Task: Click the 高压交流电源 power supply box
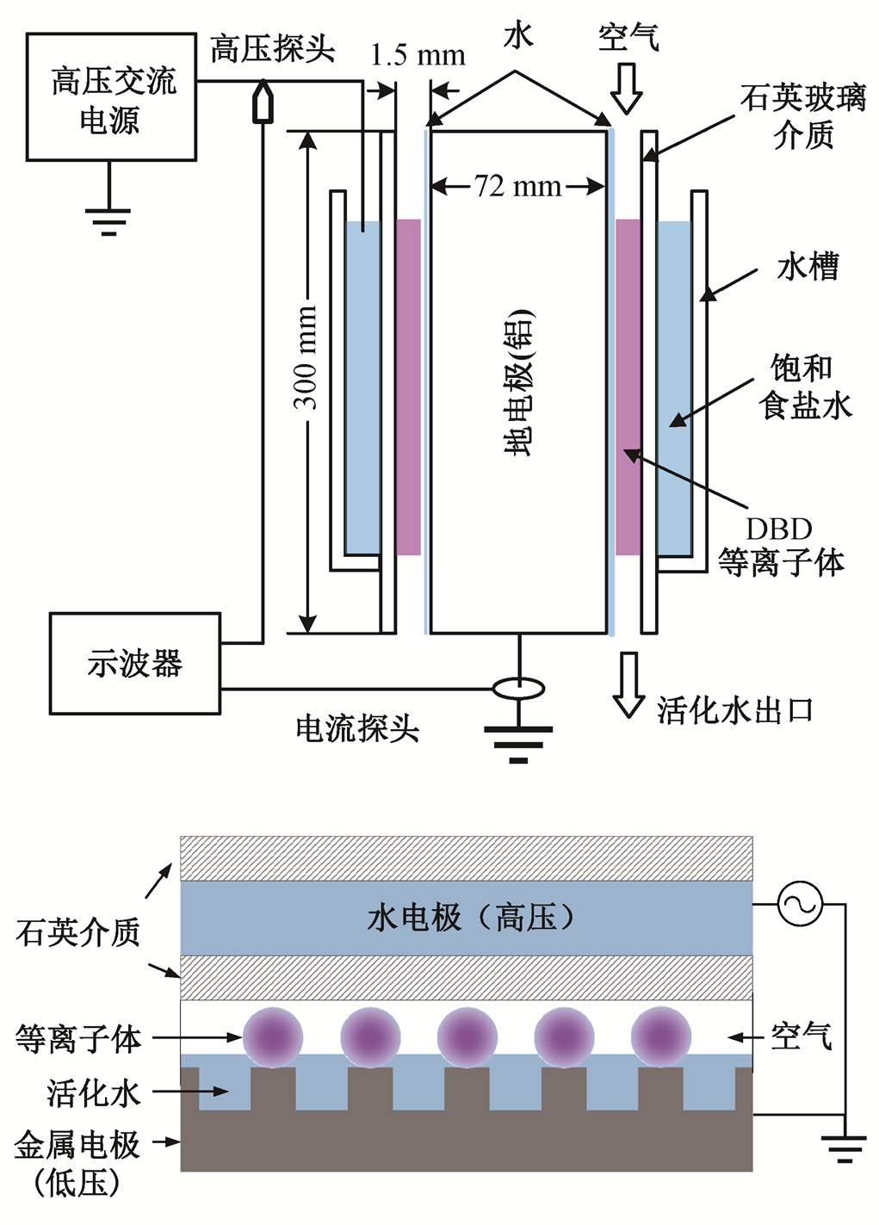tap(111, 97)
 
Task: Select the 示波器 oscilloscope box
tap(134, 663)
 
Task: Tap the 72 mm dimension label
tap(517, 186)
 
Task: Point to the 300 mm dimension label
tap(306, 356)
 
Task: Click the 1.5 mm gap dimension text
tap(418, 56)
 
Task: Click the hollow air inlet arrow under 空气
tap(626, 89)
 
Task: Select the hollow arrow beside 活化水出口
tap(628, 684)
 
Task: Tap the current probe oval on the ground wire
tap(517, 689)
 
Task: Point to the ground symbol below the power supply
tap(109, 220)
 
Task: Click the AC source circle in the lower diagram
tap(800, 905)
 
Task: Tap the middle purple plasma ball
tap(467, 1036)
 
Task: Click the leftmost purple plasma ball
tap(273, 1036)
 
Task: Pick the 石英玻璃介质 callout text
tap(802, 116)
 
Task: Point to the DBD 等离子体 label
tap(781, 547)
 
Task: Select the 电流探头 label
tap(356, 729)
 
